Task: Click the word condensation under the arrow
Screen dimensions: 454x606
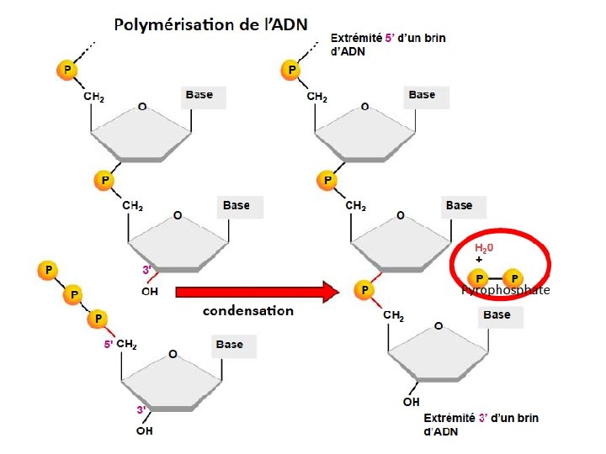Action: click(248, 311)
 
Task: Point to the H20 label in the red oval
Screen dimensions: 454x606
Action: click(484, 249)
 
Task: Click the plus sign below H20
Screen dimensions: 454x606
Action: click(479, 261)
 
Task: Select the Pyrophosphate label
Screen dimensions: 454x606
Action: click(505, 291)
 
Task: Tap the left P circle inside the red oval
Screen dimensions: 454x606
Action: click(479, 277)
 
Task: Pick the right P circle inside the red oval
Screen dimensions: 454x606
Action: click(513, 277)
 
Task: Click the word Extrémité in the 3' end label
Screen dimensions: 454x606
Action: click(449, 418)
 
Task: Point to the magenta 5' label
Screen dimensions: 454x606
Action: click(108, 344)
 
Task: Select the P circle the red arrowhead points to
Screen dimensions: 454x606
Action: click(364, 289)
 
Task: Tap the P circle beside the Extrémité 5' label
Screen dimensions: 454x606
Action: click(293, 68)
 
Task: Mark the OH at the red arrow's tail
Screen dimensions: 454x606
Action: click(150, 292)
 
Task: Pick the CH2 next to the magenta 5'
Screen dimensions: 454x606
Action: click(127, 345)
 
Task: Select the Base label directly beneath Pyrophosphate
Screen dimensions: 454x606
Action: click(497, 314)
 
